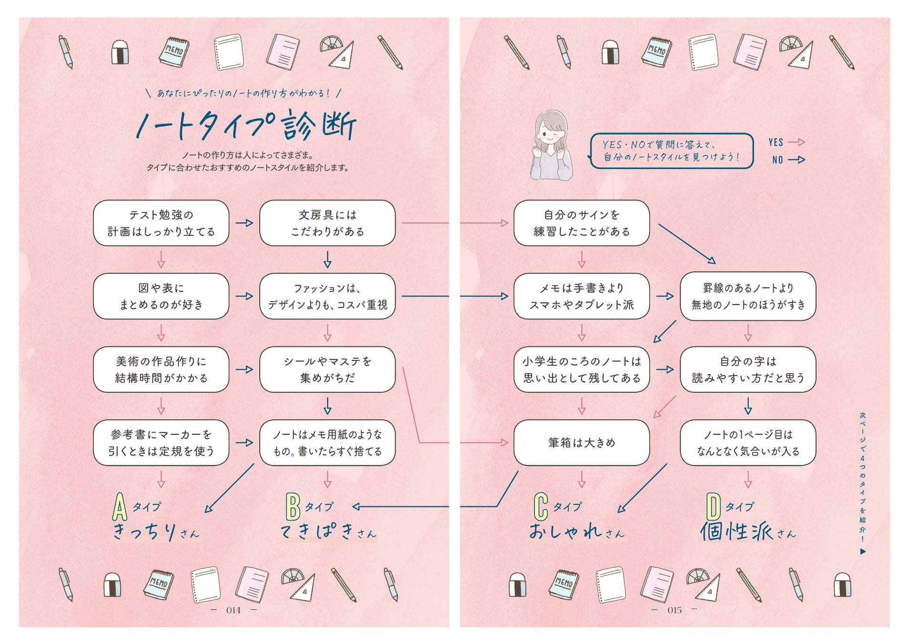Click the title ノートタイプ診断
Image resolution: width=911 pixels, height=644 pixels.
pyautogui.click(x=246, y=125)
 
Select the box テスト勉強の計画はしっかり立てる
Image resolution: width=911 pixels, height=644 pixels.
pyautogui.click(x=161, y=223)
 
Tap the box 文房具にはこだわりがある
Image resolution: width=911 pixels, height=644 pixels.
pyautogui.click(x=327, y=223)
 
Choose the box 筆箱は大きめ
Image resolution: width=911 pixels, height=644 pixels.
pyautogui.click(x=581, y=443)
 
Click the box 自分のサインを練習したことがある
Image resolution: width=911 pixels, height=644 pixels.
pyautogui.click(x=581, y=223)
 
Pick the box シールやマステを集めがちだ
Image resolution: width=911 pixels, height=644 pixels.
pyautogui.click(x=327, y=370)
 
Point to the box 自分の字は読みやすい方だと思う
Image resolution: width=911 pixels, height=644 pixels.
pyautogui.click(x=748, y=370)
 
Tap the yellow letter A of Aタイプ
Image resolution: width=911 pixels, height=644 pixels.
pyautogui.click(x=120, y=507)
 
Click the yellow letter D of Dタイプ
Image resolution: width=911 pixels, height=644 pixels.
pyautogui.click(x=713, y=507)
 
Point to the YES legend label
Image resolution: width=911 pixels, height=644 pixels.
pyautogui.click(x=776, y=142)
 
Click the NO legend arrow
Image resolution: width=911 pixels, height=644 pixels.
pyautogui.click(x=796, y=160)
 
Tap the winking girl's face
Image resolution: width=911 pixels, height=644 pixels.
pyautogui.click(x=552, y=134)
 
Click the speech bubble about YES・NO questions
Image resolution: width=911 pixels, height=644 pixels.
pyautogui.click(x=671, y=151)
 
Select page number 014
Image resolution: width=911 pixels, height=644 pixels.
pyautogui.click(x=233, y=610)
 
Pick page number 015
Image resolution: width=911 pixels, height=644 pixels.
pyautogui.click(x=674, y=610)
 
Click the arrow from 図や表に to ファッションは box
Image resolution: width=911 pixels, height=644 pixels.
pyautogui.click(x=244, y=296)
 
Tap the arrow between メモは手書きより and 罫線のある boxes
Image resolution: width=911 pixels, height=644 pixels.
pyautogui.click(x=665, y=296)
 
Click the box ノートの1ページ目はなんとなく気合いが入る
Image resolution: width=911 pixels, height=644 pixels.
pyautogui.click(x=748, y=443)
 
